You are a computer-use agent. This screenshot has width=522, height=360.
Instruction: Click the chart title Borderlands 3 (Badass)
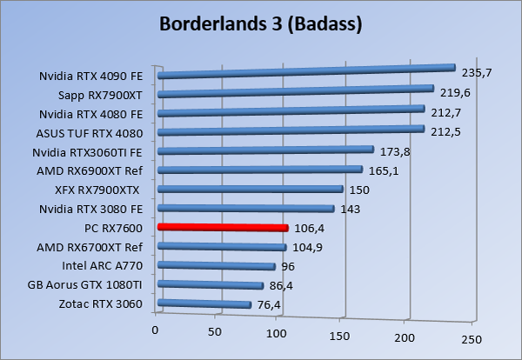click(261, 23)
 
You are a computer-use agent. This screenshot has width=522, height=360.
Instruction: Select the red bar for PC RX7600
click(222, 228)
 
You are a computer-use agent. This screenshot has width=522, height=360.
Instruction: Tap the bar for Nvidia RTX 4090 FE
click(306, 71)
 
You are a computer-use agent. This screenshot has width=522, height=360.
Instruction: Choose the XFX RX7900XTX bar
click(250, 189)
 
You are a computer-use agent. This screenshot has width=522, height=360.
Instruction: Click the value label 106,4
click(310, 228)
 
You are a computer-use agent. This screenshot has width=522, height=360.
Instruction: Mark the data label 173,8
click(396, 151)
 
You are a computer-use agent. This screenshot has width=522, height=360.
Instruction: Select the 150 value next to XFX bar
click(359, 190)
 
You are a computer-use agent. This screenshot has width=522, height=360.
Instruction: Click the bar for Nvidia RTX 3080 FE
click(245, 209)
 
